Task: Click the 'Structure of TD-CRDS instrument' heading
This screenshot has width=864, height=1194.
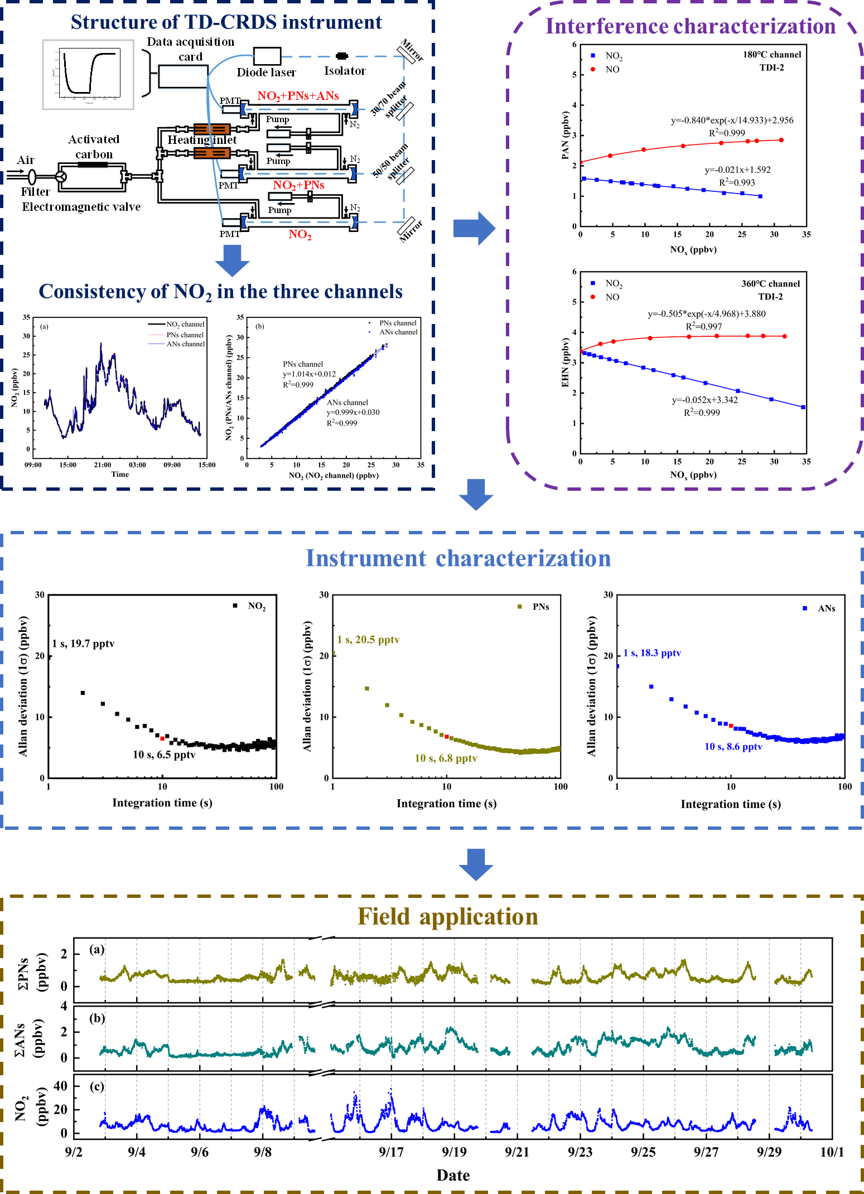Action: pyautogui.click(x=226, y=22)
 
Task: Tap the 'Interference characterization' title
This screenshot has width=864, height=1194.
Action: pyautogui.click(x=690, y=26)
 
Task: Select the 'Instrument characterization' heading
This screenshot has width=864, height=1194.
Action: pyautogui.click(x=458, y=558)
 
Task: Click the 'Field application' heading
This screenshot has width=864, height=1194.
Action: pyautogui.click(x=447, y=917)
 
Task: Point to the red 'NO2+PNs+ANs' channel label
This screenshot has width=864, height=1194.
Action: pyautogui.click(x=298, y=96)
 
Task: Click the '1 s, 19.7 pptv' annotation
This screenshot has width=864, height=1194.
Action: pyautogui.click(x=83, y=644)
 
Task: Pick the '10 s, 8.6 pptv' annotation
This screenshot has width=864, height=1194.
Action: pyautogui.click(x=733, y=746)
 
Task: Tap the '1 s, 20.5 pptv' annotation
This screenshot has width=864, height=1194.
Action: pyautogui.click(x=368, y=640)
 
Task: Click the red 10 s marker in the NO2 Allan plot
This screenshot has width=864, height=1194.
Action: pyautogui.click(x=162, y=738)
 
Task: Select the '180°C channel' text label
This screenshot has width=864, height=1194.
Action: pyautogui.click(x=771, y=55)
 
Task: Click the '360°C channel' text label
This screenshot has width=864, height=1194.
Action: pyautogui.click(x=770, y=284)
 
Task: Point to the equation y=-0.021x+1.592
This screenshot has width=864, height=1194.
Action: pyautogui.click(x=737, y=170)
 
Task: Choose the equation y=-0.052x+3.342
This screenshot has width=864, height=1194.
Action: pyautogui.click(x=704, y=400)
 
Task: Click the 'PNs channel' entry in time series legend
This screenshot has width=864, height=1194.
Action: pyautogui.click(x=185, y=335)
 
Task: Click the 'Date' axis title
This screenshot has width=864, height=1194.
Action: pyautogui.click(x=453, y=1176)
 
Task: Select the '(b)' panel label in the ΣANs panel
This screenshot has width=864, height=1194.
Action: pyautogui.click(x=97, y=1018)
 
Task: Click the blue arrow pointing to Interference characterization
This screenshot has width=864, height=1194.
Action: pyautogui.click(x=474, y=228)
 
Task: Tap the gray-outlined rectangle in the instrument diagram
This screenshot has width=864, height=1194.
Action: pyautogui.click(x=88, y=75)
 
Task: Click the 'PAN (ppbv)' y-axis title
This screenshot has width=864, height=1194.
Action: pyautogui.click(x=565, y=136)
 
